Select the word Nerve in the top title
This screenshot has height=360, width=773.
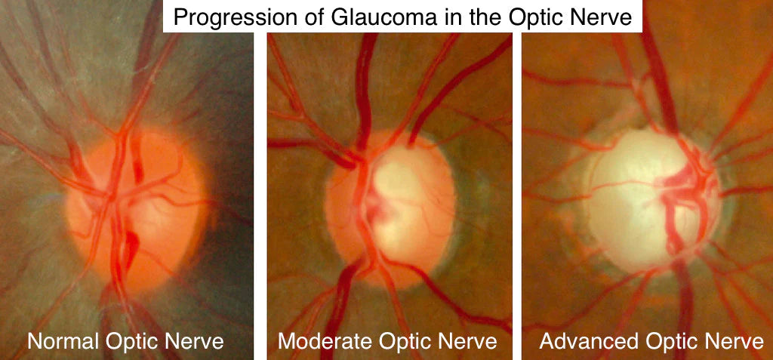click(x=605, y=17)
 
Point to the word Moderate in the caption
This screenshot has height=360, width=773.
click(x=318, y=341)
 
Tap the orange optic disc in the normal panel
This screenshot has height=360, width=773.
click(x=136, y=212)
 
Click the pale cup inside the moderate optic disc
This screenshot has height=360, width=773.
click(x=405, y=202)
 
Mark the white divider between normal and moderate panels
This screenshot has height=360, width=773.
click(x=260, y=196)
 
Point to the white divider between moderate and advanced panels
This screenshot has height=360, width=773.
click(x=517, y=196)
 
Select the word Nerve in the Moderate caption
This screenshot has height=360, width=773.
click(x=471, y=341)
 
